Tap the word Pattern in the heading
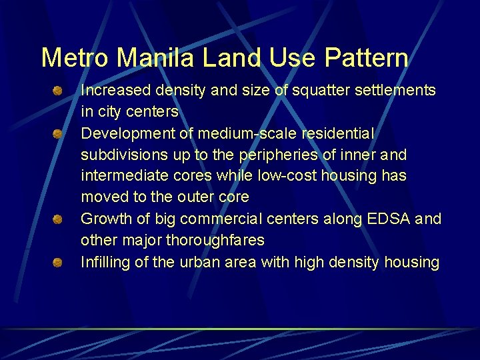(x=366, y=58)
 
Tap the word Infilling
(x=105, y=262)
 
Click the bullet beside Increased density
(x=58, y=90)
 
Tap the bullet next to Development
(x=58, y=133)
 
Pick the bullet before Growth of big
(x=58, y=219)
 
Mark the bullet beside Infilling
(x=58, y=262)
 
